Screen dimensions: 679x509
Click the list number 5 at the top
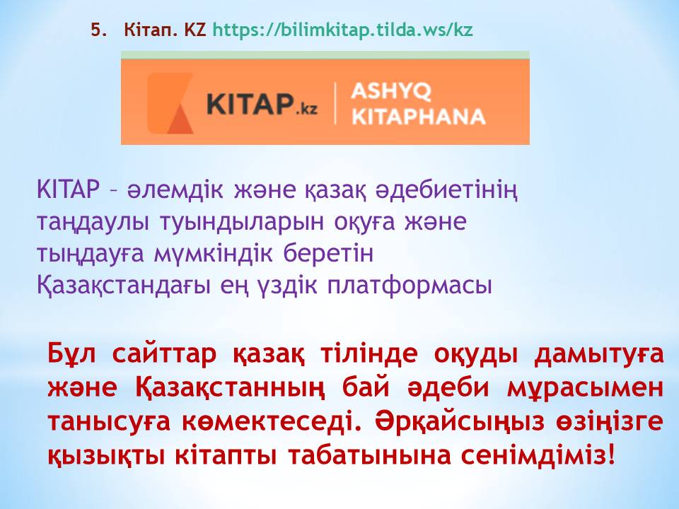98,30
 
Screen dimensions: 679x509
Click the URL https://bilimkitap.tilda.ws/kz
342,30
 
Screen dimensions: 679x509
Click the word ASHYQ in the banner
391,91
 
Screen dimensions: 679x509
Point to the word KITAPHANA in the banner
418,117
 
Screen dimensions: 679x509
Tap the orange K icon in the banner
170,103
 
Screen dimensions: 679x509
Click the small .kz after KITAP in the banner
306,109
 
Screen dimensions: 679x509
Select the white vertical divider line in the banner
335,104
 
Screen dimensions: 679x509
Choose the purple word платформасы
410,286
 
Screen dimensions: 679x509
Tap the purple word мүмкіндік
214,255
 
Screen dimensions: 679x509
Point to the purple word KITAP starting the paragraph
69,189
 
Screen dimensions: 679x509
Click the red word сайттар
163,353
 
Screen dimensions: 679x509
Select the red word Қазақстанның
229,388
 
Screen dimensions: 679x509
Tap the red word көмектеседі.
272,421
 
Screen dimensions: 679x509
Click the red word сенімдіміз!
538,455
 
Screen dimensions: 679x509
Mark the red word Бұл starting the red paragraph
71,353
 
